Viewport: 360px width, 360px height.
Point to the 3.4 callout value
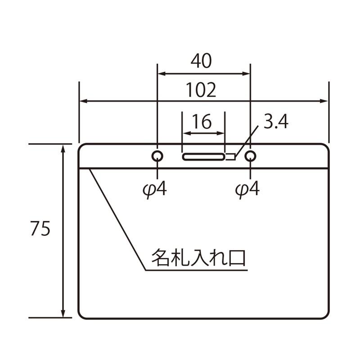click(x=275, y=122)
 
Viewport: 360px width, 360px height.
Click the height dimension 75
click(x=40, y=229)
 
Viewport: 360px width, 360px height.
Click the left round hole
click(x=157, y=156)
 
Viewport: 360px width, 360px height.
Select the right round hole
click(x=250, y=156)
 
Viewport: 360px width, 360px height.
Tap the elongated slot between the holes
click(x=203, y=157)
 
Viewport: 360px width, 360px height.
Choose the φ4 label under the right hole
click(x=247, y=189)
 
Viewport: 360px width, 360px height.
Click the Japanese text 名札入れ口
click(x=198, y=257)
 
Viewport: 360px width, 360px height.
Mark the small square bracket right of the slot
click(x=230, y=157)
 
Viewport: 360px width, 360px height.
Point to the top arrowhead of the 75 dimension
click(x=63, y=148)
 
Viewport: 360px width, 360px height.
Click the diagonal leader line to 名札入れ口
click(x=118, y=220)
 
